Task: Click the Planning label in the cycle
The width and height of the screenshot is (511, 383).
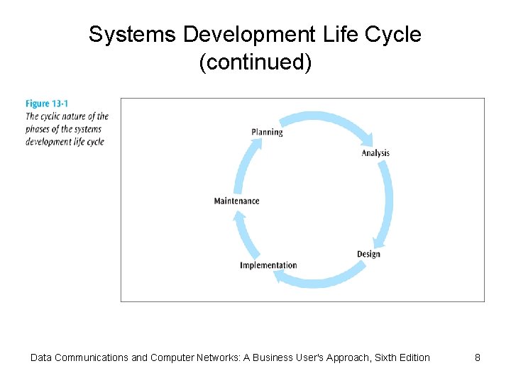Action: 267,132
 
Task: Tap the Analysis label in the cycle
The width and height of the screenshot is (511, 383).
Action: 375,153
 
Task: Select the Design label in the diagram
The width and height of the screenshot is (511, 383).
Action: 368,254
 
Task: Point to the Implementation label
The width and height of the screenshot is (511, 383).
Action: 268,265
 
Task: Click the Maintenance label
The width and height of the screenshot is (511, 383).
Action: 236,201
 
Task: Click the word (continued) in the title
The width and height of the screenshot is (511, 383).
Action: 255,63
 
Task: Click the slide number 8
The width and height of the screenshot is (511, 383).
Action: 478,357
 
